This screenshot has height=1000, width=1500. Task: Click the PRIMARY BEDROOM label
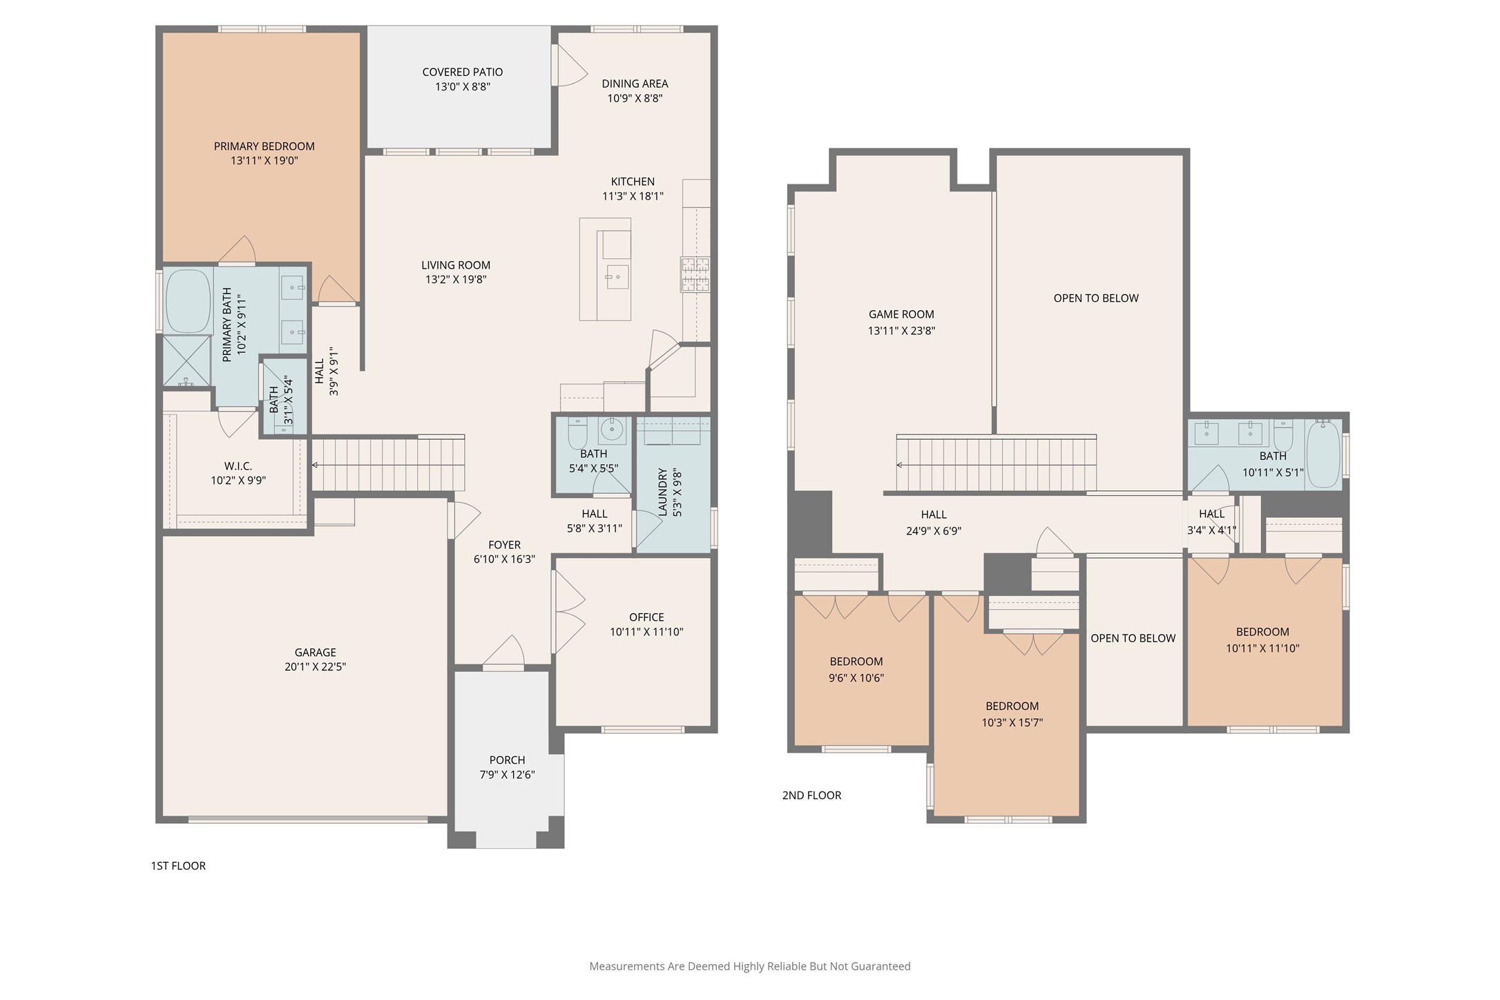tap(264, 146)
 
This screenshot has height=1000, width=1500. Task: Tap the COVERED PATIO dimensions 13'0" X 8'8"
tap(463, 87)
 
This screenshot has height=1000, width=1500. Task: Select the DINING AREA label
tap(635, 84)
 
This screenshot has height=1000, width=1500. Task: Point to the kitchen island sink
tap(617, 277)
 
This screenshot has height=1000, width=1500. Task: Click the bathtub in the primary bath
tap(188, 302)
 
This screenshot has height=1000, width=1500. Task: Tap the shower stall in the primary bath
tap(186, 360)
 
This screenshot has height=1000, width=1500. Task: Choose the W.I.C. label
tap(238, 466)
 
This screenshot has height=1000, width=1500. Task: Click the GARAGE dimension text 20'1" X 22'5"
tap(315, 667)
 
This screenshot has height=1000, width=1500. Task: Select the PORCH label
tap(507, 760)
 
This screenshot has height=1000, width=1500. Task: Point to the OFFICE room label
tap(646, 617)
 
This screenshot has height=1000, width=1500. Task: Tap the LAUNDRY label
tap(662, 492)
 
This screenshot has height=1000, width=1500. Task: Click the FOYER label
tap(504, 545)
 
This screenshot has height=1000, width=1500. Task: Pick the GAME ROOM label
tap(901, 314)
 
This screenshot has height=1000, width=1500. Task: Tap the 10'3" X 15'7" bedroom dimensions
tap(1012, 723)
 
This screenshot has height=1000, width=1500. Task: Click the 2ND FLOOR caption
tap(811, 796)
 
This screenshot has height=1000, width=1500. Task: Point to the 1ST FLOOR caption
tap(178, 866)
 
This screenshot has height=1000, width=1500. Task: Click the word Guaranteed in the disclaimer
tap(881, 967)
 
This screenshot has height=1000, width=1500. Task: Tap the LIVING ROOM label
tap(456, 265)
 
